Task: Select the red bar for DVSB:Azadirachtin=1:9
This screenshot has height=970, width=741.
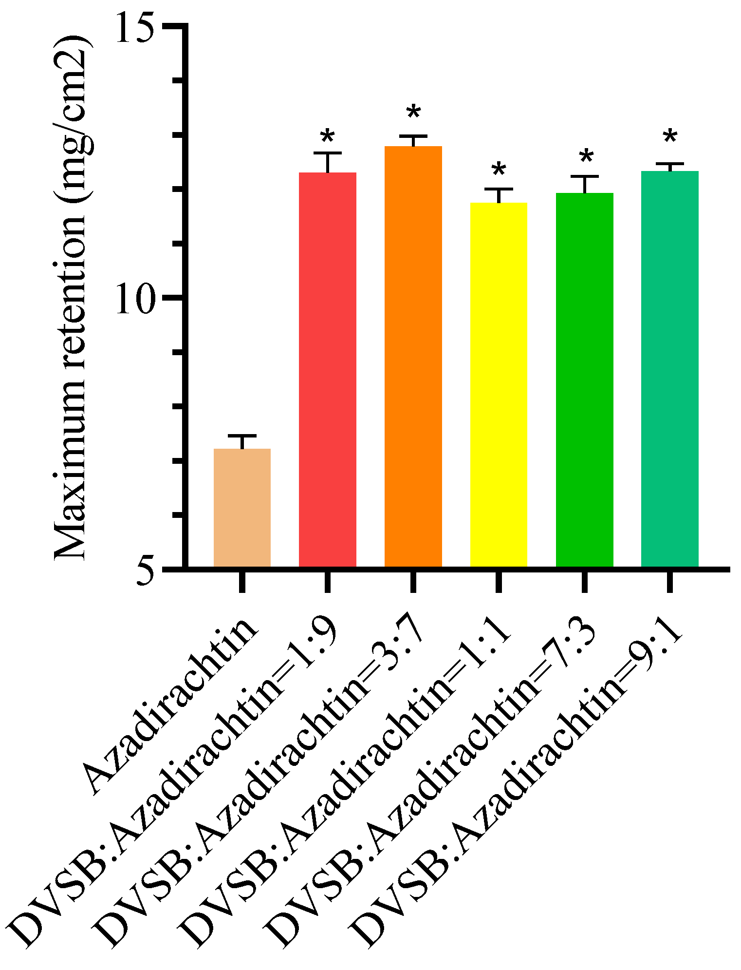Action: (x=328, y=370)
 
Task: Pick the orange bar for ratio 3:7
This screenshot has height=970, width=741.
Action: (x=413, y=356)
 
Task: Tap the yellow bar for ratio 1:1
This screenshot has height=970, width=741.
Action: (x=499, y=385)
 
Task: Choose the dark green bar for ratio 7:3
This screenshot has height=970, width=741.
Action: (x=584, y=380)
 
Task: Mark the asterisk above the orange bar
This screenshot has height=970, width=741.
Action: (x=413, y=113)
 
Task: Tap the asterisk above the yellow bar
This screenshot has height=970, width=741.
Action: (x=499, y=170)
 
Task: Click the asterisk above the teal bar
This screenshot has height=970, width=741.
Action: (x=670, y=137)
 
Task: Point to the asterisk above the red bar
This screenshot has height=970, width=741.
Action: (x=328, y=138)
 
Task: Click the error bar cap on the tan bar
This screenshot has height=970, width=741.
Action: (x=242, y=435)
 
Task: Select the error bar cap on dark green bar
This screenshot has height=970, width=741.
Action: (x=584, y=176)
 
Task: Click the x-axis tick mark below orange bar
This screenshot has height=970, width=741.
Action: (x=413, y=582)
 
